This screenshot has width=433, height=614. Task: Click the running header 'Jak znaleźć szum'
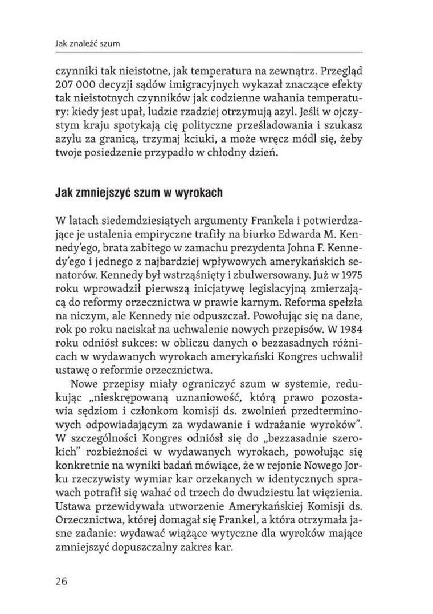[87, 43]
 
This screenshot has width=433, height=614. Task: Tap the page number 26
[62, 581]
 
